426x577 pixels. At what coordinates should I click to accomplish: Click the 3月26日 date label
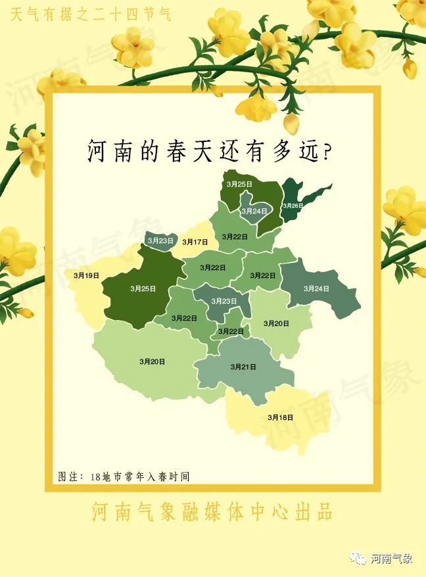[293, 206]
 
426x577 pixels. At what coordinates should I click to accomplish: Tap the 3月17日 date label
[195, 242]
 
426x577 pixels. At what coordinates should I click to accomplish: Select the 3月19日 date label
[87, 275]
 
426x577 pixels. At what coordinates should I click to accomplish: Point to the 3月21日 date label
[243, 366]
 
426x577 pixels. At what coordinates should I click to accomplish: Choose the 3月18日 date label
[281, 417]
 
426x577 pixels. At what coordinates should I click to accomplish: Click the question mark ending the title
[324, 152]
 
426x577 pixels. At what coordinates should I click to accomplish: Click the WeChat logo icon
[359, 559]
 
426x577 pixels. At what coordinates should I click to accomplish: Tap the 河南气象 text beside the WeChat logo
[392, 559]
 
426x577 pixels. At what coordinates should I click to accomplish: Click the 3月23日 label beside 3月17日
[161, 241]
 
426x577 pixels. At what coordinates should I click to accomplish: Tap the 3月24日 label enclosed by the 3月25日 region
[254, 211]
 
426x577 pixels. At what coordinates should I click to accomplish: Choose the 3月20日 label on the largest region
[152, 361]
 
